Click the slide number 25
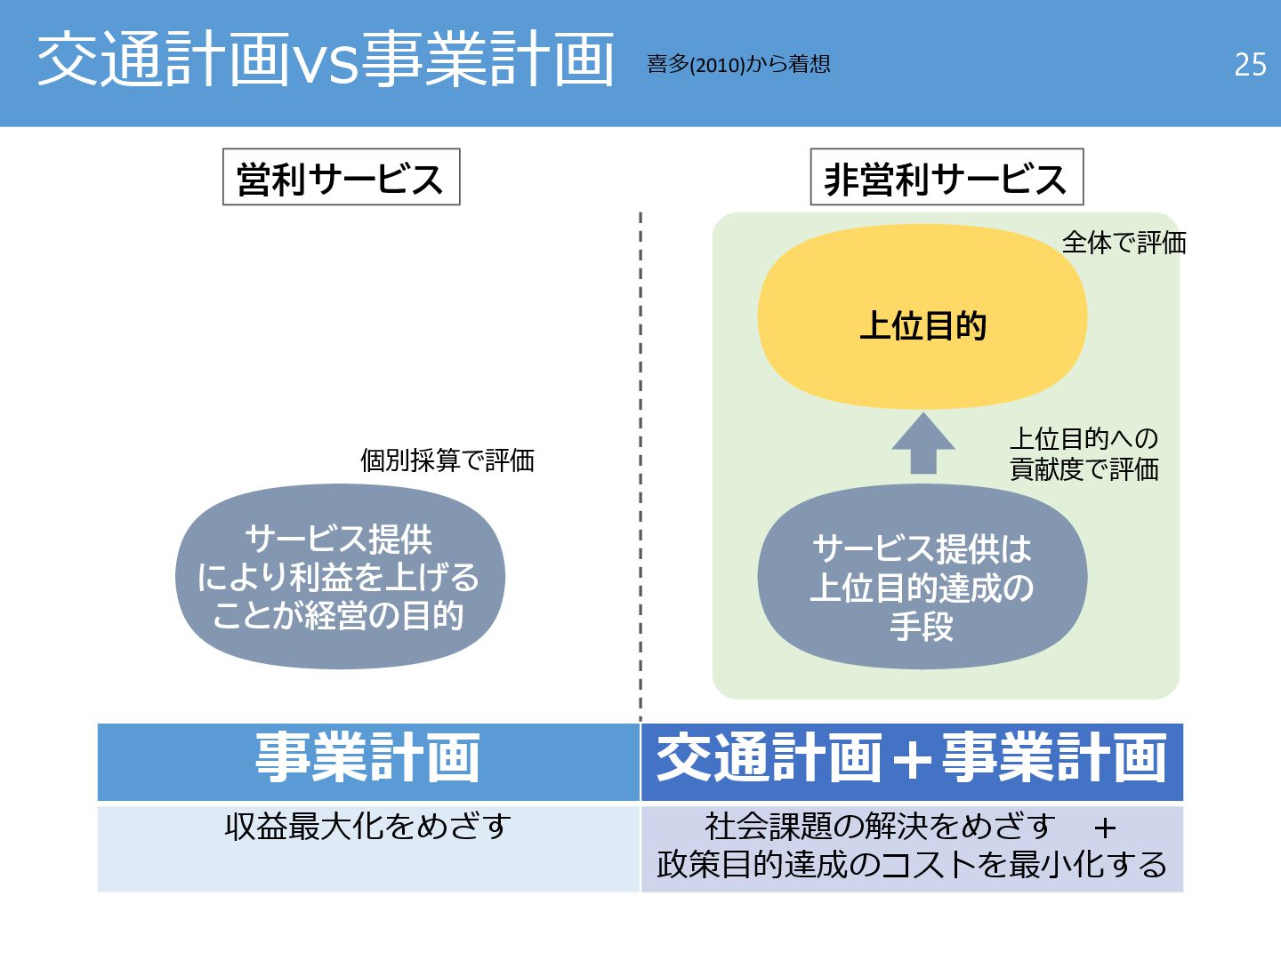(1250, 64)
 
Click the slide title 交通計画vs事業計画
(326, 60)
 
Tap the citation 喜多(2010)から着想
(738, 64)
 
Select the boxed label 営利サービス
(341, 178)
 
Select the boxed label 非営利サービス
(946, 179)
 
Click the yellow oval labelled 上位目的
(922, 317)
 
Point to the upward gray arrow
(923, 444)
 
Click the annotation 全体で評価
(1124, 242)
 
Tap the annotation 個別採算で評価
(447, 460)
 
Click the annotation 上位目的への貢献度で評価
(1084, 453)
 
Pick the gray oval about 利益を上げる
(340, 577)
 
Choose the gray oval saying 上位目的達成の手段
(922, 577)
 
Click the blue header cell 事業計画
(368, 761)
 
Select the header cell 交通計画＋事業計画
(912, 761)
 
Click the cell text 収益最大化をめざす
(367, 827)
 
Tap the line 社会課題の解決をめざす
(879, 827)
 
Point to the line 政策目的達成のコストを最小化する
(912, 864)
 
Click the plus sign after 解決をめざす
(1105, 828)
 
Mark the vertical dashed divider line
(640, 462)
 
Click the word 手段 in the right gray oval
(922, 627)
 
